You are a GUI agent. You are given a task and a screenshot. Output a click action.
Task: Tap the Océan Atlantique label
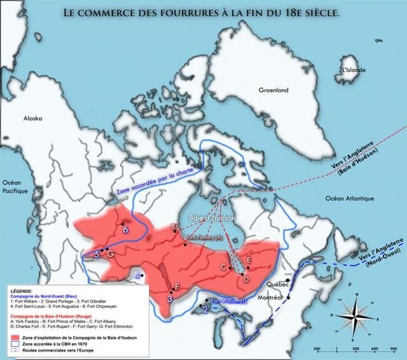pyautogui.click(x=349, y=198)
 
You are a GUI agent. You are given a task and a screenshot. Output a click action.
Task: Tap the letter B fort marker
pyautogui.click(x=173, y=227)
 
